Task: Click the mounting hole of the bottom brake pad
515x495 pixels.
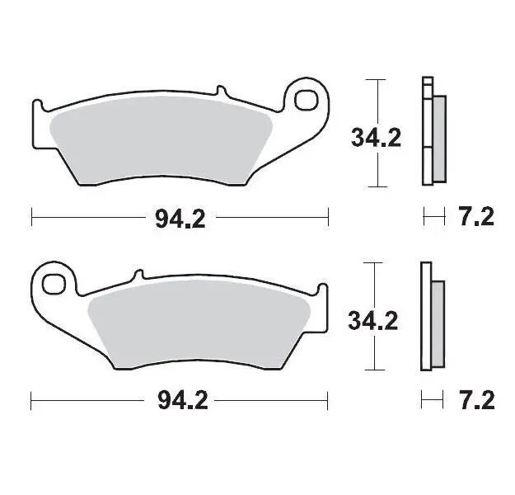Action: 55,283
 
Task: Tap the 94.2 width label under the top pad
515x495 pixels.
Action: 180,218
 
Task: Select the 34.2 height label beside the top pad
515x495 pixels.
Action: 376,138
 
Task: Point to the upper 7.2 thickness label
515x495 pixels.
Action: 475,218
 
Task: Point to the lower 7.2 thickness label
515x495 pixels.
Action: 475,401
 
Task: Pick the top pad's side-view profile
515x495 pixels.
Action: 431,131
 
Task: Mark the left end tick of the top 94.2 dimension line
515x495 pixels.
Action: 31,218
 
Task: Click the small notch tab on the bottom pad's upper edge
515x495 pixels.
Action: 138,276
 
